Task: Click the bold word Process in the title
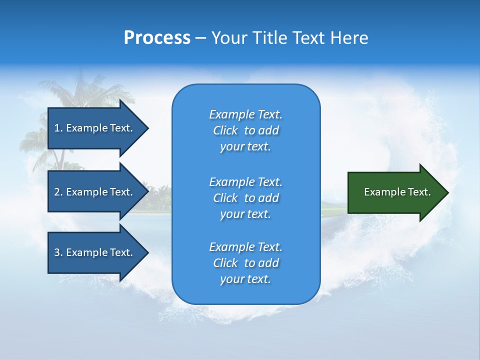pos(157,38)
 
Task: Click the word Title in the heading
pos(270,38)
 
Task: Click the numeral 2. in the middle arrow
pos(58,192)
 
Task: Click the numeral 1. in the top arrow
pos(58,128)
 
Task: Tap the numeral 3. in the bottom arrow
pos(58,252)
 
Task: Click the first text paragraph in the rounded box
pos(245,130)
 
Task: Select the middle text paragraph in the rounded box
pos(245,197)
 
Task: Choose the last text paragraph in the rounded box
pos(245,263)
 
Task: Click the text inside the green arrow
pos(397,192)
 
